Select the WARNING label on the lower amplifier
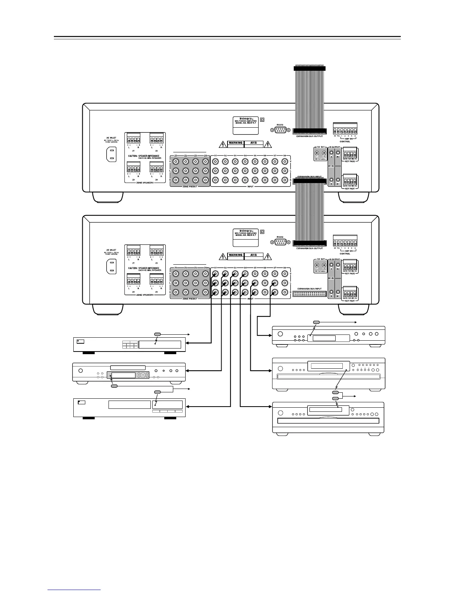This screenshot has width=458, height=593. click(x=236, y=255)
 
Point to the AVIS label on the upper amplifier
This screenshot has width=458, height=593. click(x=254, y=143)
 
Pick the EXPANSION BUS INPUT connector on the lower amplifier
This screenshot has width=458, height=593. click(x=309, y=295)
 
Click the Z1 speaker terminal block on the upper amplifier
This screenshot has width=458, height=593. click(x=133, y=138)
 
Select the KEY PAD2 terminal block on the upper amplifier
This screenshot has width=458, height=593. click(x=350, y=153)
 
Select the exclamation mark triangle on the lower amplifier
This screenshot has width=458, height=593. click(x=268, y=256)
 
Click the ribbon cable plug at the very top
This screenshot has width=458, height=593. click(x=309, y=68)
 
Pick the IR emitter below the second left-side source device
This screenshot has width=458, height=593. click(x=114, y=386)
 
